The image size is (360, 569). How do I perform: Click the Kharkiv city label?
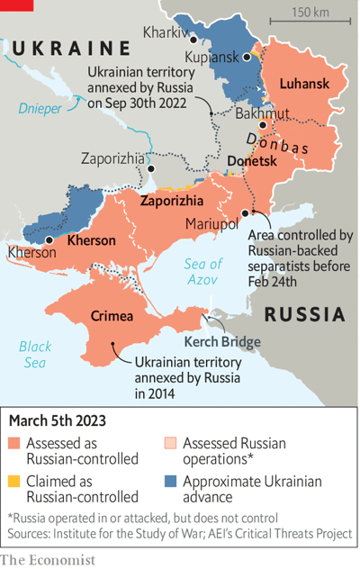165,32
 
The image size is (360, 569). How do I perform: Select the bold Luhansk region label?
304,84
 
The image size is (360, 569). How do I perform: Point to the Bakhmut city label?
237,113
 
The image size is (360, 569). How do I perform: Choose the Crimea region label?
112,316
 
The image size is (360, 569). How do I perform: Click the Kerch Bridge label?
222,342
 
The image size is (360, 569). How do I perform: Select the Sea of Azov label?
202,272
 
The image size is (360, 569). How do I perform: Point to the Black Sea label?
35,354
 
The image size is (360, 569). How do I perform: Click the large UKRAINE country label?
72,49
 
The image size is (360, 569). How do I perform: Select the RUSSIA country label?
305,314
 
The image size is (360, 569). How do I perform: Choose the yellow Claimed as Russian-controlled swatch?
14,483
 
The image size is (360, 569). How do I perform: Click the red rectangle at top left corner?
16,5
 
